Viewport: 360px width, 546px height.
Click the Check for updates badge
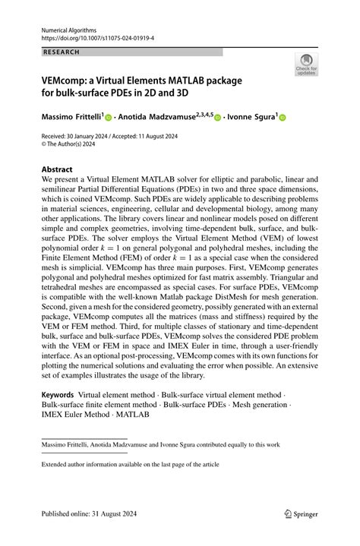(306, 64)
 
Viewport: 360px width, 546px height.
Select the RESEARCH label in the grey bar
(62, 52)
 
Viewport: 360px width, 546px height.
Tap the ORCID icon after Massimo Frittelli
(108, 118)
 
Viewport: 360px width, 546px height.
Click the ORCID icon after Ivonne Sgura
(283, 118)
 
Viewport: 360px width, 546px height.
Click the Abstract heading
(57, 169)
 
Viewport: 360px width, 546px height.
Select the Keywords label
(58, 395)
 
